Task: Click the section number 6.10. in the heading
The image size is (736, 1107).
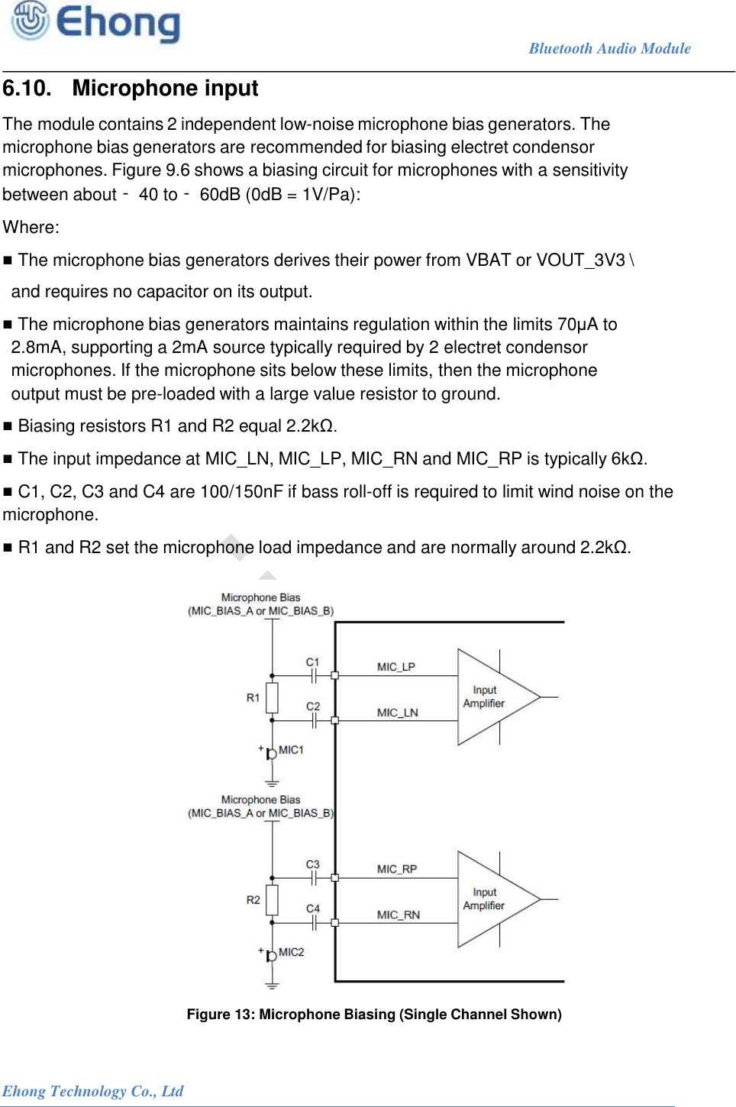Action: (x=27, y=89)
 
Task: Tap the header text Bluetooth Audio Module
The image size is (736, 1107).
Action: (x=609, y=49)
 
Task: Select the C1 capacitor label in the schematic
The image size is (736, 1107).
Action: (x=312, y=662)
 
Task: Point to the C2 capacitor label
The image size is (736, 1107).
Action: (x=313, y=707)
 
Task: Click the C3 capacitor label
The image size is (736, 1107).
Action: (x=312, y=865)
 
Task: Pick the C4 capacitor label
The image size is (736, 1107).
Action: (x=313, y=908)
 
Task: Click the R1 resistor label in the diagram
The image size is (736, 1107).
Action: (x=253, y=698)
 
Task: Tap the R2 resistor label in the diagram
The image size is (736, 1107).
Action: (x=253, y=900)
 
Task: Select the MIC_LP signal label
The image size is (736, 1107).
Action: (x=395, y=667)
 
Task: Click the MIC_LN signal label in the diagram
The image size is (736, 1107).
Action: (x=397, y=713)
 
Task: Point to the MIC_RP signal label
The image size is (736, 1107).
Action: (x=396, y=869)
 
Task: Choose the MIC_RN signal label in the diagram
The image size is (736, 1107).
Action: (x=398, y=915)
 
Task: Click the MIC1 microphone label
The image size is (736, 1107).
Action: (x=291, y=750)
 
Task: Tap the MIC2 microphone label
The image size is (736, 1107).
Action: (x=291, y=952)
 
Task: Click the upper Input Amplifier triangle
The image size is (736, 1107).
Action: (x=489, y=697)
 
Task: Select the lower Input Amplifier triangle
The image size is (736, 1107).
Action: (x=489, y=899)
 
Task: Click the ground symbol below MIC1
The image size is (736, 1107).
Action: (x=272, y=783)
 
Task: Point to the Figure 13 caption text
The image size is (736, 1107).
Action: (x=374, y=1015)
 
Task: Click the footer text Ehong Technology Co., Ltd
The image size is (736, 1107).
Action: (x=92, y=1091)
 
